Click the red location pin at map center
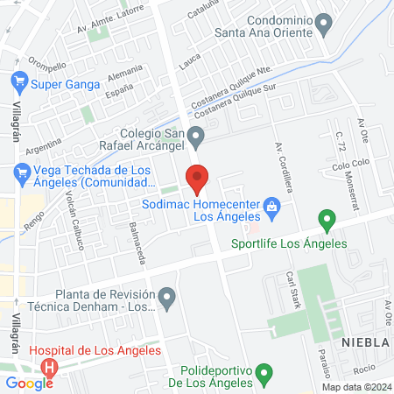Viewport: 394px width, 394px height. (x=198, y=179)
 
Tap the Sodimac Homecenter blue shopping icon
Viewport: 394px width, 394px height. (x=271, y=207)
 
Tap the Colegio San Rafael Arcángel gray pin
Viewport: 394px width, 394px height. (x=198, y=136)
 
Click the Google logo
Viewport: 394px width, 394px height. (x=29, y=383)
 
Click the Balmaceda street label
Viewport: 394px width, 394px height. (x=137, y=236)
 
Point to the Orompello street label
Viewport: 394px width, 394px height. (x=46, y=67)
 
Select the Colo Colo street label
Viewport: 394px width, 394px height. (x=347, y=165)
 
